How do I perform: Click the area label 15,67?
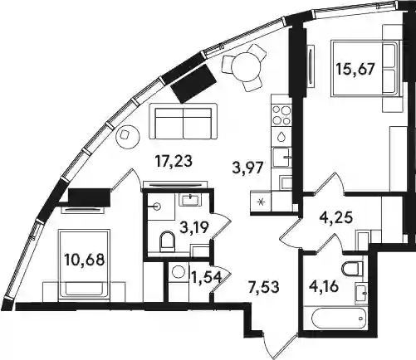tap(355, 69)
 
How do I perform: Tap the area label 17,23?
tap(174, 162)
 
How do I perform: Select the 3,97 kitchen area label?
tap(247, 168)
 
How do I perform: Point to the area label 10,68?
tap(84, 260)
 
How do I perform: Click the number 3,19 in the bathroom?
tap(194, 228)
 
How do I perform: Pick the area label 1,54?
tap(207, 277)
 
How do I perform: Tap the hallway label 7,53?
tap(263, 287)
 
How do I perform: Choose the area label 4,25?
tap(335, 217)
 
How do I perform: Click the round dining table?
tap(246, 66)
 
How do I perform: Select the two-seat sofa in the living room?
tap(184, 122)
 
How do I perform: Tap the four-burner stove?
tap(281, 115)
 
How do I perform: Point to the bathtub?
tap(335, 318)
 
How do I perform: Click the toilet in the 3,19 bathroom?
tap(167, 240)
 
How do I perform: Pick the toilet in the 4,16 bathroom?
tap(352, 269)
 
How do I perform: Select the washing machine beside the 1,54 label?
tap(179, 271)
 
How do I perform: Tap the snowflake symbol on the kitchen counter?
tap(261, 202)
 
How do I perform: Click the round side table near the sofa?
tap(127, 137)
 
